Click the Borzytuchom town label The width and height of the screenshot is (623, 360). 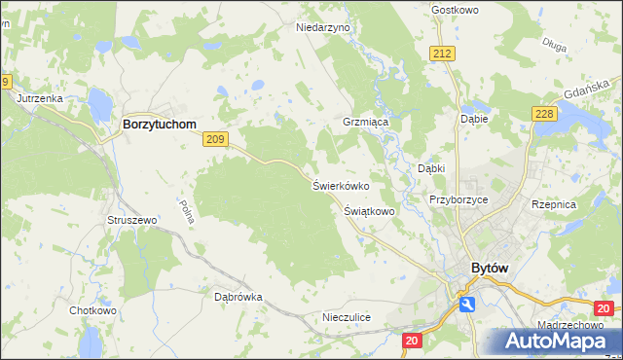pyautogui.click(x=159, y=126)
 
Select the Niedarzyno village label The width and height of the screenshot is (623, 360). pyautogui.click(x=322, y=28)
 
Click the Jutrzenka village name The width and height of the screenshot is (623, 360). pyautogui.click(x=39, y=98)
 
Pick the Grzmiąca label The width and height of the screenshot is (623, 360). pyautogui.click(x=365, y=124)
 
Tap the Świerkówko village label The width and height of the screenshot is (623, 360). pyautogui.click(x=340, y=184)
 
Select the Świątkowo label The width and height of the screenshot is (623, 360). pyautogui.click(x=369, y=210)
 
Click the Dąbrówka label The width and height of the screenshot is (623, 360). pyautogui.click(x=238, y=297)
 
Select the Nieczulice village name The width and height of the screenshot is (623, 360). pyautogui.click(x=347, y=317)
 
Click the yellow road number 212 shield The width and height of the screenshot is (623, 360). pyautogui.click(x=443, y=54)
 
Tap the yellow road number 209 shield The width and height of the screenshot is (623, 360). pyautogui.click(x=216, y=140)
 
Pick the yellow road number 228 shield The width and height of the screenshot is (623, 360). pyautogui.click(x=544, y=115)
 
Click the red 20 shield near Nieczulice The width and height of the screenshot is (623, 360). pyautogui.click(x=413, y=340)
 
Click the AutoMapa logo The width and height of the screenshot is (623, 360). pyautogui.click(x=555, y=341)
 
